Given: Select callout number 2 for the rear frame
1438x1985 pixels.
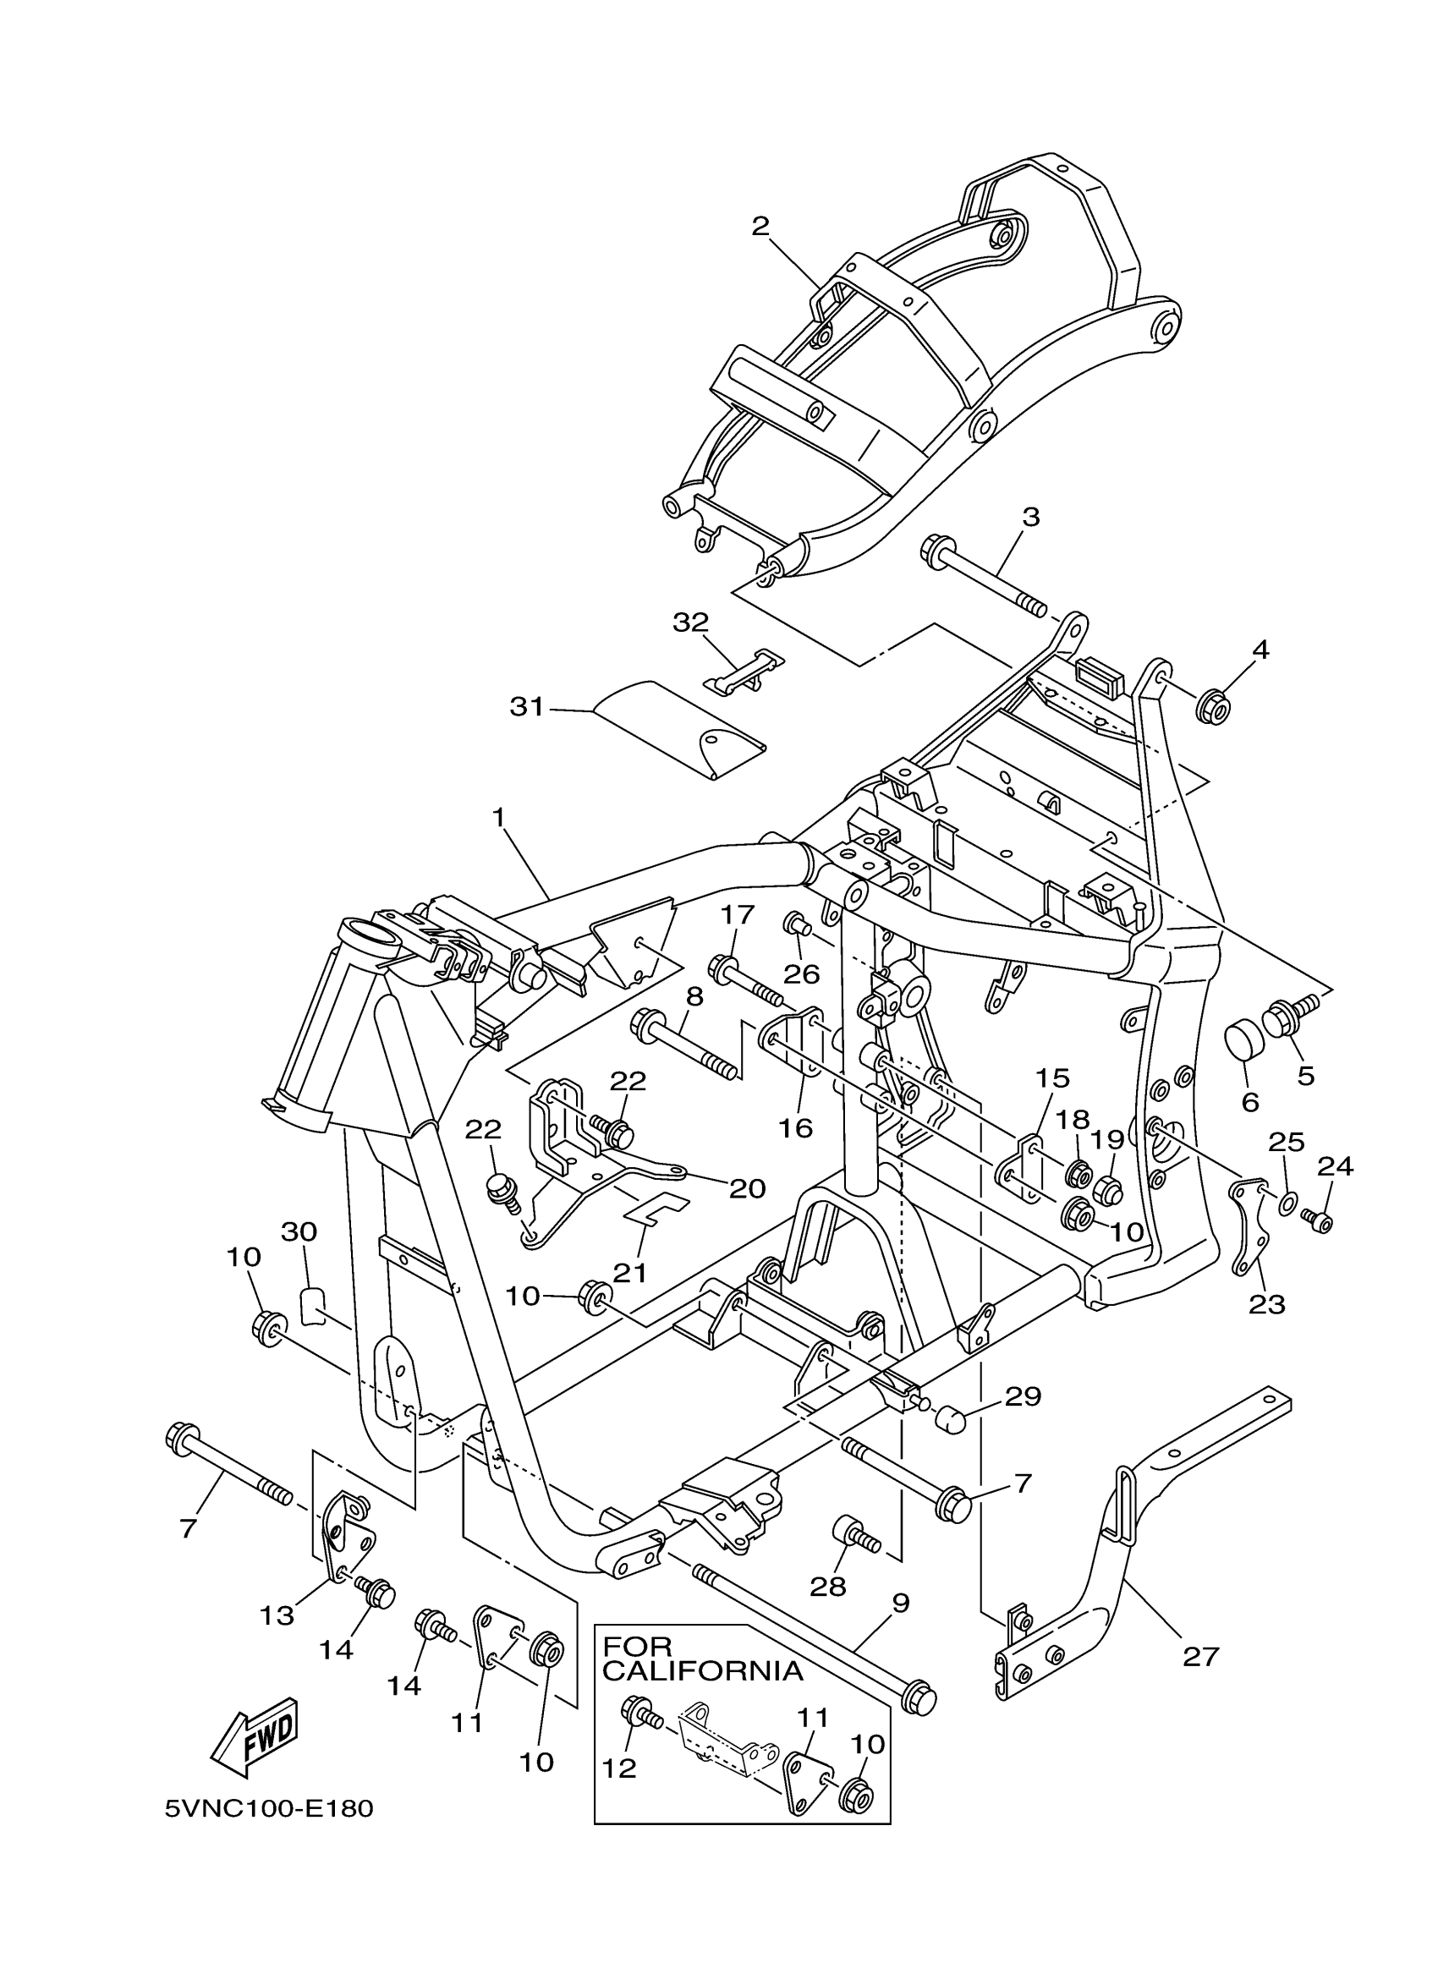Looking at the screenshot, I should coord(760,227).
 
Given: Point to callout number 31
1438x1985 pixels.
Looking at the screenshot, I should coord(527,707).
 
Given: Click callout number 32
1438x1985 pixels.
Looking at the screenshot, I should coord(690,623).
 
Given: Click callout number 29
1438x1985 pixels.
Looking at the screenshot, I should coord(1024,1396).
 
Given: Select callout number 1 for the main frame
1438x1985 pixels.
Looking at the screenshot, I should coord(499,818).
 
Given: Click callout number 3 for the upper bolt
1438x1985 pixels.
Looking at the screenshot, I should coord(1031,518).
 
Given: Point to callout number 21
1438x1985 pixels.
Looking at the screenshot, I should coord(629,1272).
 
